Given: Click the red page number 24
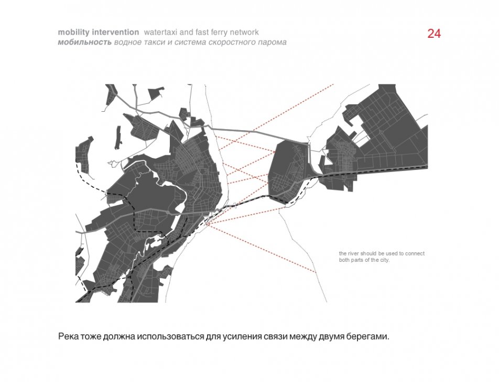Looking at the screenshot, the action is coord(434,34).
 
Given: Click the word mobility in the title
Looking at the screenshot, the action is coord(74,33).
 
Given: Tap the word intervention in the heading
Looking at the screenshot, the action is coord(115,32).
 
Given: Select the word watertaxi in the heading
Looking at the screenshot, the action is coord(160,32).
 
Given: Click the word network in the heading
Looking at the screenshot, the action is coord(243,32).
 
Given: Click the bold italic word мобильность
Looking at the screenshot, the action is coord(85,43).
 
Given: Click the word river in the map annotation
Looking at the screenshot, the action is coord(353,253).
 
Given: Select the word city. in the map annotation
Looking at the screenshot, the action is coord(385,260).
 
